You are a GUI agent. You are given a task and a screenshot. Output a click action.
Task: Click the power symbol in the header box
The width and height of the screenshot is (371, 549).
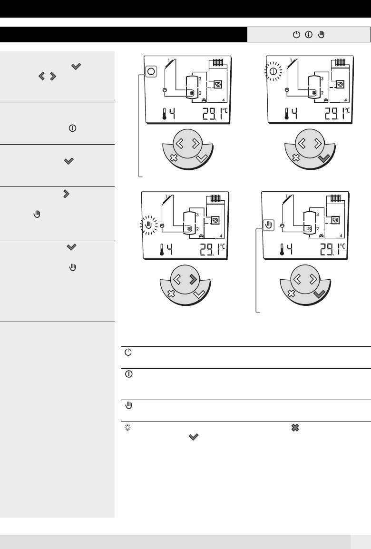tap(296, 35)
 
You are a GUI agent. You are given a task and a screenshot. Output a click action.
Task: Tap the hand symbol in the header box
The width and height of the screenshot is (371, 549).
tap(322, 34)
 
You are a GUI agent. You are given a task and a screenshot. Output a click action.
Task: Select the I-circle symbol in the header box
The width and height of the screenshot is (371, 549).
tap(309, 35)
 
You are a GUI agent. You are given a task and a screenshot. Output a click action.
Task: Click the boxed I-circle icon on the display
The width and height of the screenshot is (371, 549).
tap(151, 72)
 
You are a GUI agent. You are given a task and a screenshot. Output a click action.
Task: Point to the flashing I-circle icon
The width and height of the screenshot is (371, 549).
tap(273, 71)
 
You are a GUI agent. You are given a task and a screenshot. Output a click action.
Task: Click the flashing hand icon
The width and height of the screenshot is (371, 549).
tap(149, 225)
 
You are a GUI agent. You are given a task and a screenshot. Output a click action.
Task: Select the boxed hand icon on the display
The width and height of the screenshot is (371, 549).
tap(268, 225)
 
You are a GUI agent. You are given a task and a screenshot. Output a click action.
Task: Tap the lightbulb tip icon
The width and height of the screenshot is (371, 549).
tap(128, 428)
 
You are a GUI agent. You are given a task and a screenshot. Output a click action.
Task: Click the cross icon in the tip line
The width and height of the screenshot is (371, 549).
tap(295, 428)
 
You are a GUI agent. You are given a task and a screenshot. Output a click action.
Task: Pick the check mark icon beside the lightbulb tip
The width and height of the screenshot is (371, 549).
tap(194, 437)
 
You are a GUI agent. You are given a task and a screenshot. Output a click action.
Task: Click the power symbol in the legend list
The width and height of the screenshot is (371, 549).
tap(128, 353)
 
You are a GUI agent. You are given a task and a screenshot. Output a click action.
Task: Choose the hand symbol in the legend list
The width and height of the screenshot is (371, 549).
tap(129, 406)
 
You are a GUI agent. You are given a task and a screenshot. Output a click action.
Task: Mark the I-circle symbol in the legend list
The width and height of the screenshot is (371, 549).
tap(129, 374)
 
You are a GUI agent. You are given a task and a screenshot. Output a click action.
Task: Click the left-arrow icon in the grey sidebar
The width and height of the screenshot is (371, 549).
tap(42, 76)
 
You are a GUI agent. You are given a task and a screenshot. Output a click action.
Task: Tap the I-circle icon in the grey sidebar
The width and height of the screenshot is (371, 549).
tap(72, 128)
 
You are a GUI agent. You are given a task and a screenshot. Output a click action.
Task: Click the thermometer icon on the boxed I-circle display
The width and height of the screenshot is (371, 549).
tap(164, 114)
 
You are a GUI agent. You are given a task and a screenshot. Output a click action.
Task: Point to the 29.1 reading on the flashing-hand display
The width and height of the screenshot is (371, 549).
tap(211, 250)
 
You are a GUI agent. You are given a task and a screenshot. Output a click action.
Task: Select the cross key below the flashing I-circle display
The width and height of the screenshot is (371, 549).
tap(296, 157)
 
